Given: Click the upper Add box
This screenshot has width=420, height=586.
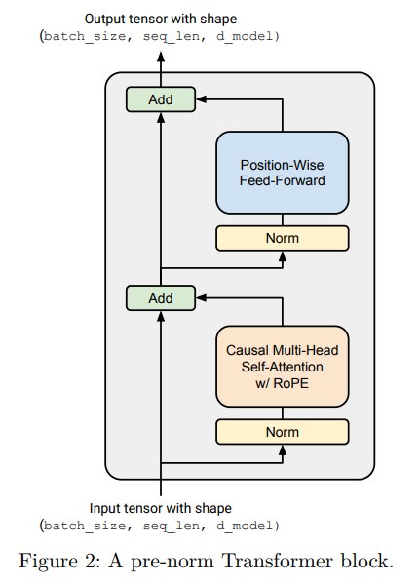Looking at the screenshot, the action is click(161, 99).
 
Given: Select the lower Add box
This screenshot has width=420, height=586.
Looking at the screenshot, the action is click(161, 298).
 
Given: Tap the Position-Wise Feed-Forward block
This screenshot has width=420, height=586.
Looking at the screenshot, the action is click(283, 173).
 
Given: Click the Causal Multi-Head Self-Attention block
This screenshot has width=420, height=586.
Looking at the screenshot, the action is click(283, 367).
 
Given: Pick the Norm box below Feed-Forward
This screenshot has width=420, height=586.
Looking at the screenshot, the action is click(283, 238).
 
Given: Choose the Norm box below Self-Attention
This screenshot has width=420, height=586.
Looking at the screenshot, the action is click(283, 432).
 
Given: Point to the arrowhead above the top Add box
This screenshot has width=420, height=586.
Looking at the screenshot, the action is click(161, 57).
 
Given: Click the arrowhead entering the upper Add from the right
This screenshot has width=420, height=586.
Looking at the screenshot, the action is click(201, 99).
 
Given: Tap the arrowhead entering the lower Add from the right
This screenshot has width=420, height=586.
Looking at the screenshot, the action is click(201, 298).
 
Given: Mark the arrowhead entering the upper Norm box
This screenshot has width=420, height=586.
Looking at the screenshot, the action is click(283, 256).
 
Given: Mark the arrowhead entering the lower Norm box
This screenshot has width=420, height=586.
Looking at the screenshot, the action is click(283, 450).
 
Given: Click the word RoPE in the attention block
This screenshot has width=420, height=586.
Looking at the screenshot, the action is click(290, 383).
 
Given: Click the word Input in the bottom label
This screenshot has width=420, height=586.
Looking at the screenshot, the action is click(102, 509).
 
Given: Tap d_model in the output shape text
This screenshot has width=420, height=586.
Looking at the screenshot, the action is click(245, 37).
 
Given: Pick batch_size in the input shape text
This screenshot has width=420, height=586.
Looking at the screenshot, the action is click(85, 527).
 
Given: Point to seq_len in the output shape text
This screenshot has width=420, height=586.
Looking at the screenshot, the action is click(172, 37).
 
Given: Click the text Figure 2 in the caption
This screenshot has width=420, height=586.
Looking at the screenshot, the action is click(59, 562).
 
